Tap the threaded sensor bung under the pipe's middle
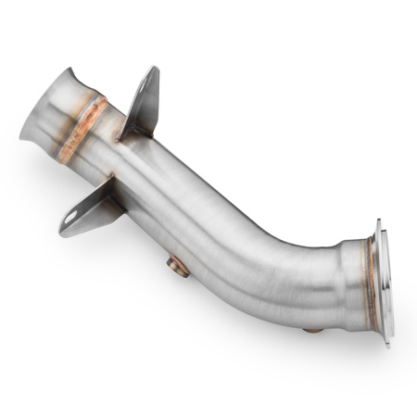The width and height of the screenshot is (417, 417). click(x=178, y=267)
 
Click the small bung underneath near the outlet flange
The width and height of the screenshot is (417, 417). click(x=313, y=329)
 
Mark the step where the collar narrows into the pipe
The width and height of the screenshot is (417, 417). click(x=338, y=278)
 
